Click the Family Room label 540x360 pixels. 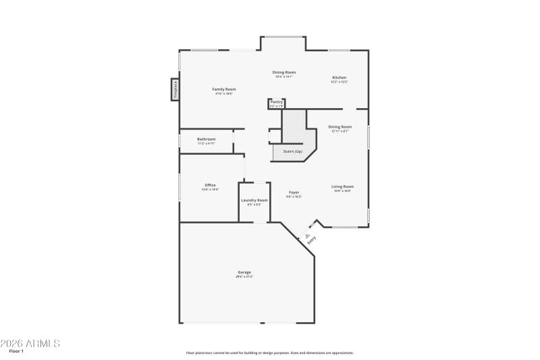coord(224,89)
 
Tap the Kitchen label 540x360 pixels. coord(339,78)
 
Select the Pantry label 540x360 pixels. coord(277,102)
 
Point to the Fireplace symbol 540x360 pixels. coord(175,89)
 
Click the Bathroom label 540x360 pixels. coord(206,139)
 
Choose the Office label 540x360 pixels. coord(210,185)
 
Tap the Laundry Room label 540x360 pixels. coord(254,200)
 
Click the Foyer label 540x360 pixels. coord(294,192)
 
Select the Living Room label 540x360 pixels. coord(342,186)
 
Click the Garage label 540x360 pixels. coord(244,272)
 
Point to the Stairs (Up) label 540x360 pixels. coord(292,151)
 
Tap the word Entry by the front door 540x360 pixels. coord(312,238)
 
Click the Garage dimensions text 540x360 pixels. coord(244,277)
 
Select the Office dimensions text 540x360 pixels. coord(210,190)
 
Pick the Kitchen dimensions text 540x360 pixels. coord(339,82)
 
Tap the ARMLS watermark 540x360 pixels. coord(30,343)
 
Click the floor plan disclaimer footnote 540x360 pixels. coord(270,353)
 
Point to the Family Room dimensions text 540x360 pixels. coord(224,94)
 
